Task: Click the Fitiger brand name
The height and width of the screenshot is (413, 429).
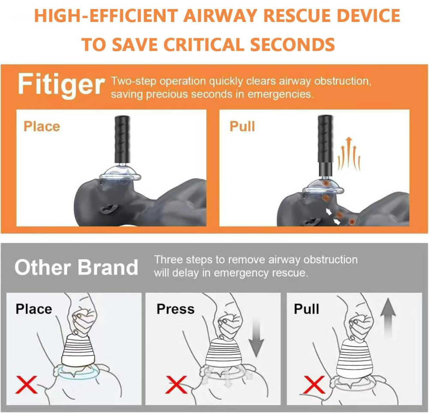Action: (61, 84)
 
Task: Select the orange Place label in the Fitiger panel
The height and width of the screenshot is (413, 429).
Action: (42, 126)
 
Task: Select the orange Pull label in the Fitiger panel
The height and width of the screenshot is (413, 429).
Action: (242, 126)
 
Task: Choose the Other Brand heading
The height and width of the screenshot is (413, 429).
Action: (76, 267)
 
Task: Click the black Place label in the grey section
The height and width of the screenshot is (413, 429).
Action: (33, 309)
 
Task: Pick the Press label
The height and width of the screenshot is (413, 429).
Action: (175, 309)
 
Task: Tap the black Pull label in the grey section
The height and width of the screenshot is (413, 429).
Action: (307, 309)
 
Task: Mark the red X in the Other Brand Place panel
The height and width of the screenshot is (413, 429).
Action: (27, 384)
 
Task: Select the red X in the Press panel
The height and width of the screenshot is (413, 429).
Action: (177, 384)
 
